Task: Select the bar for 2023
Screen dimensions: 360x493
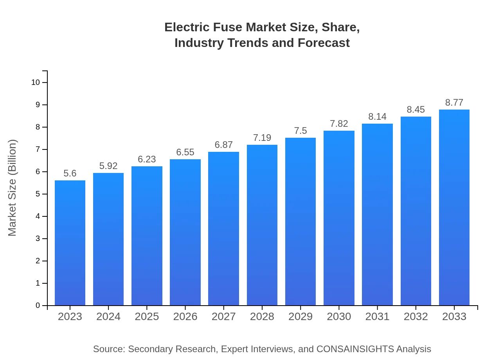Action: coord(70,243)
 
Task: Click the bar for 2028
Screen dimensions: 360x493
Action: coord(262,225)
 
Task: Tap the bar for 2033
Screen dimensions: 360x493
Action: coord(454,207)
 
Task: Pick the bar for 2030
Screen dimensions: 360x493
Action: coord(339,218)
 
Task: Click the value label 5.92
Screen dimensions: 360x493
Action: coord(108,166)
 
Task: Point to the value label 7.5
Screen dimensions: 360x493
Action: coord(300,131)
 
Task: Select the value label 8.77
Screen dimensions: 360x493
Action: coord(454,103)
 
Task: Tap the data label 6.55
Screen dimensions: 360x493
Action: coord(185,152)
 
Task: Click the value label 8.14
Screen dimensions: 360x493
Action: coord(377,117)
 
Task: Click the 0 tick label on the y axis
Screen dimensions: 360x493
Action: coord(38,306)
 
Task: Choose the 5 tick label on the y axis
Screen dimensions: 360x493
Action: coord(38,194)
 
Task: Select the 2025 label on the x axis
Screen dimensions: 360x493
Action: coord(147,317)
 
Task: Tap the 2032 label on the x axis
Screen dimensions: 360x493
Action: coord(416,317)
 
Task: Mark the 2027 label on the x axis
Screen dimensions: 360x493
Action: coord(224,317)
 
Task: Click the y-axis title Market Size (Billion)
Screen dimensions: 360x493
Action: coord(13,188)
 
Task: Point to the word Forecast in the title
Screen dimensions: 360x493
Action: coord(323,43)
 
